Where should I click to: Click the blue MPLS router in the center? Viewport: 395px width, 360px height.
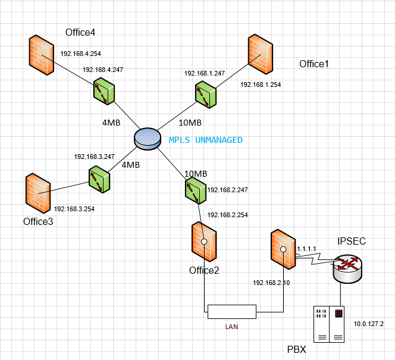147,137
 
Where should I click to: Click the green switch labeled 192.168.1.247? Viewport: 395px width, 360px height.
205,95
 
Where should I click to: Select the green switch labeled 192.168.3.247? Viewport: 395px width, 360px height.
99,179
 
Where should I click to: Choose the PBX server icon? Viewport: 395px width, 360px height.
329,324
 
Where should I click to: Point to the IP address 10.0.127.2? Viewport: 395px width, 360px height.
369,324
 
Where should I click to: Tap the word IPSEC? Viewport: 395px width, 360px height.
352,241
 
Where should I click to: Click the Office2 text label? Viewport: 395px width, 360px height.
204,271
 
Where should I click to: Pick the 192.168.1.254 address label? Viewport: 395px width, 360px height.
261,84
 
